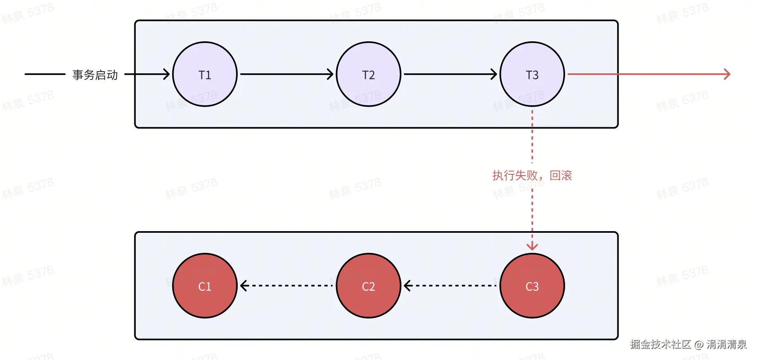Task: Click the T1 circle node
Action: (x=205, y=74)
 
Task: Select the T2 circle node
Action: (x=368, y=74)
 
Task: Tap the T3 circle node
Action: (x=532, y=74)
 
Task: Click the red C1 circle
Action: (x=205, y=286)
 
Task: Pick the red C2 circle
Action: (x=368, y=286)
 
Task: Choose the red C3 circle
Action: (x=532, y=286)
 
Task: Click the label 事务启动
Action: (x=95, y=75)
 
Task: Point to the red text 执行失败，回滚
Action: (x=532, y=175)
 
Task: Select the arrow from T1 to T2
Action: (x=286, y=74)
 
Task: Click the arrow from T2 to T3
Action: (x=450, y=74)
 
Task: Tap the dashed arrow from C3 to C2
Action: (x=450, y=286)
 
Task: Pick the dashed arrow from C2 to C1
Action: (x=286, y=286)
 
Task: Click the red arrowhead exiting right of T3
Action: (x=727, y=74)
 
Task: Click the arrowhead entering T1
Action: (x=166, y=74)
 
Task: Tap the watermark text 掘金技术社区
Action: (x=660, y=344)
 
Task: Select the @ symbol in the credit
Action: (x=699, y=345)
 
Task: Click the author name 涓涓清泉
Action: (x=726, y=344)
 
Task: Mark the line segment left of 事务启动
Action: (x=45, y=74)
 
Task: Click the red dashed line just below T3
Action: (x=532, y=135)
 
